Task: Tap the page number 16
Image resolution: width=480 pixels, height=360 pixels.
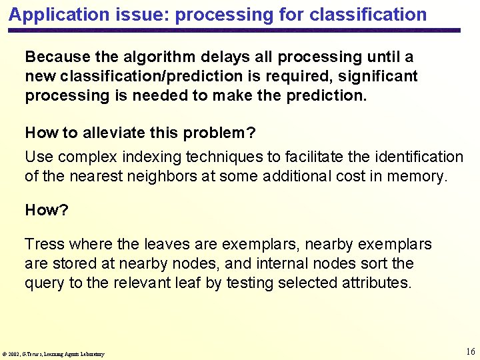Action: click(470, 351)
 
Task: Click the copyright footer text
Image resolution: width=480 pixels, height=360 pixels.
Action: click(53, 354)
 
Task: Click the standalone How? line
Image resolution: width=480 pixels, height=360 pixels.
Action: click(47, 210)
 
